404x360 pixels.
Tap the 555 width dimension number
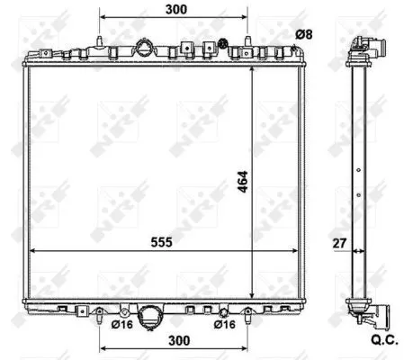(161, 241)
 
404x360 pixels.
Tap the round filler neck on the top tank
(144, 49)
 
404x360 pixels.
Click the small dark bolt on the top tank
(220, 42)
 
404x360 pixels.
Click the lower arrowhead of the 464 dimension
(252, 294)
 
